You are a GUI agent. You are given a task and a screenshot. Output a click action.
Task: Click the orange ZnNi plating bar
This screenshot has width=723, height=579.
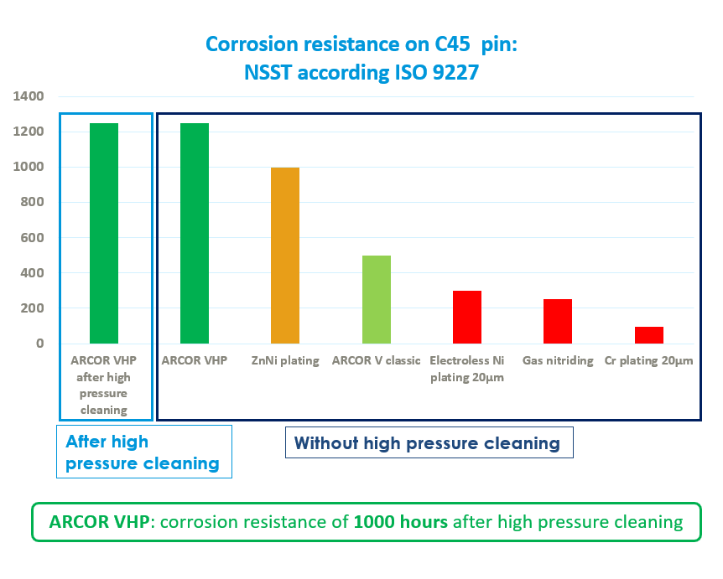pos(285,256)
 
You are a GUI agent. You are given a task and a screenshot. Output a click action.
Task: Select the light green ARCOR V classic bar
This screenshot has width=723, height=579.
pos(377,299)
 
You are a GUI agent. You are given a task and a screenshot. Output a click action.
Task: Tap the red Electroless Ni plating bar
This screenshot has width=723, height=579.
pos(467,317)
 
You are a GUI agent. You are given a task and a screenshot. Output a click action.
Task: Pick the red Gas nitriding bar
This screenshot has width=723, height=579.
pos(558,321)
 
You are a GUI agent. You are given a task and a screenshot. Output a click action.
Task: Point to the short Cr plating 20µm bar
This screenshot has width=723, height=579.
pos(648,335)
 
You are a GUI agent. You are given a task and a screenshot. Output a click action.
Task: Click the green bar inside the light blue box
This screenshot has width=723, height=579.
pos(104,233)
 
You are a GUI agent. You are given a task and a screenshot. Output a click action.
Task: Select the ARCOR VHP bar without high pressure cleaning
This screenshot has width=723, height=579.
pos(195,233)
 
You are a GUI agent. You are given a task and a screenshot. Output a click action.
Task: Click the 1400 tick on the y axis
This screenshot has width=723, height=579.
pos(29,97)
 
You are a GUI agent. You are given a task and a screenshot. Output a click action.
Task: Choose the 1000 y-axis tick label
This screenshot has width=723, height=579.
pos(29,168)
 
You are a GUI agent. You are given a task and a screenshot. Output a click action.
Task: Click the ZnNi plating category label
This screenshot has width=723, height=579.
pos(285,362)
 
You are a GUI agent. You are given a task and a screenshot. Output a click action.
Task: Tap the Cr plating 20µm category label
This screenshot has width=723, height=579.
pos(648,362)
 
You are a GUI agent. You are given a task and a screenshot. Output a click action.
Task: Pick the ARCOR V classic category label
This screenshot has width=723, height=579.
pos(377,362)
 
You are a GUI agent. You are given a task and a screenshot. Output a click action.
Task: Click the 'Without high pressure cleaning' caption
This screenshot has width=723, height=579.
pos(427,443)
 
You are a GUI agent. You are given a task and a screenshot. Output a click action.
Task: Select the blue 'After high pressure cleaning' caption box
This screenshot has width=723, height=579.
pos(143,452)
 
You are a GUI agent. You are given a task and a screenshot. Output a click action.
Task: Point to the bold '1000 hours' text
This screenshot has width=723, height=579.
pos(401,522)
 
